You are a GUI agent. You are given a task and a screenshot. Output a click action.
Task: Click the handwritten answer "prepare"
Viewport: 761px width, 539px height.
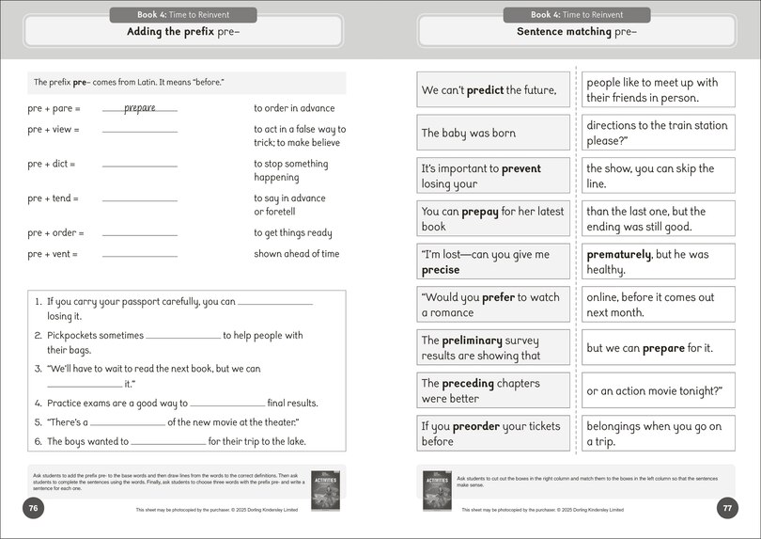coord(139,108)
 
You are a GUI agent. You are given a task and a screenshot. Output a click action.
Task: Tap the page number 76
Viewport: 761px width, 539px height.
coord(33,508)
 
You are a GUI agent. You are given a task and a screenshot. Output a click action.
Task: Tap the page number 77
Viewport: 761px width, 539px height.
coord(727,508)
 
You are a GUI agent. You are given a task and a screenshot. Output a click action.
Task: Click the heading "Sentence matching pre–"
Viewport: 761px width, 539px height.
coord(576,32)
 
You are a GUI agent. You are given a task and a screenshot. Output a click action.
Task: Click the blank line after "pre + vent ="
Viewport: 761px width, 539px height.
coord(139,255)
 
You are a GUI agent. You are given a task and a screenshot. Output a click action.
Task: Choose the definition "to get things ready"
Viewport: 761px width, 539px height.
coord(292,232)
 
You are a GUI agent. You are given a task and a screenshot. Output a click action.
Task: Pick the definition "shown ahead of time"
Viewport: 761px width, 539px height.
coord(296,254)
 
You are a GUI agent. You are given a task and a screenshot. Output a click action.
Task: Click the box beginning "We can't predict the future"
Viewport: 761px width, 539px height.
coord(492,90)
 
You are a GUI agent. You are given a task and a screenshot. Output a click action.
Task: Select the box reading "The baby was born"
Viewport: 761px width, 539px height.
coord(492,134)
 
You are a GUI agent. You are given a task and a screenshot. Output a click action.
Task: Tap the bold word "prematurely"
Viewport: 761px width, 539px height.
coord(618,254)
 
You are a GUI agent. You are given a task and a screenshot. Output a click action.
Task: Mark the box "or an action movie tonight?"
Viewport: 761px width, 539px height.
coord(658,390)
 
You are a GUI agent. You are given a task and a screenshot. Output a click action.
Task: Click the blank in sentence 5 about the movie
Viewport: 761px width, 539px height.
coord(128,423)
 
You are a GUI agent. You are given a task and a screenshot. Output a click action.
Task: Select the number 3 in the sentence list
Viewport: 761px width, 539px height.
coord(38,369)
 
